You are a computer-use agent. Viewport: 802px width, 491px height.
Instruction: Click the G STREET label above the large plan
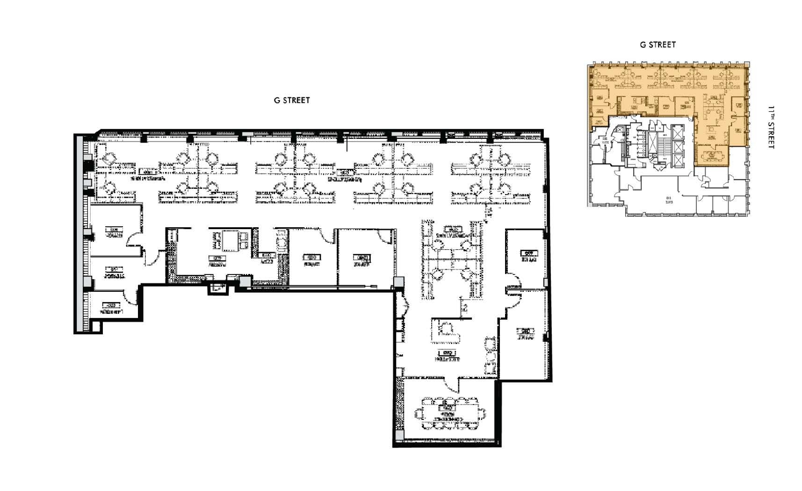click(x=292, y=100)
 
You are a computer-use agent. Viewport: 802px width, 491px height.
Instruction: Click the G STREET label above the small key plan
click(x=657, y=44)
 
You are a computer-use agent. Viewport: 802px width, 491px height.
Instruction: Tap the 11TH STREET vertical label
click(x=770, y=127)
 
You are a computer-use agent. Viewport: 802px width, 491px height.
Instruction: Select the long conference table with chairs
click(x=450, y=413)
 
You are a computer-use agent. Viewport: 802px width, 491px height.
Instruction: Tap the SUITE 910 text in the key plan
click(x=668, y=200)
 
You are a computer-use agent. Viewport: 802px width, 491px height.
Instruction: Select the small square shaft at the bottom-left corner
click(x=96, y=326)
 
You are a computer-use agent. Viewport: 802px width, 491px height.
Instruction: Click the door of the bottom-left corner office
click(x=130, y=296)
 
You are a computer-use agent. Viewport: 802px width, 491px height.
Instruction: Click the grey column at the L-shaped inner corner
click(x=398, y=282)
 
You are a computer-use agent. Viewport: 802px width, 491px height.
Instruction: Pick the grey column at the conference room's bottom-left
click(x=399, y=435)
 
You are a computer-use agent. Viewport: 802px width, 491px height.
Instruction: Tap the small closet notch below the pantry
click(x=217, y=289)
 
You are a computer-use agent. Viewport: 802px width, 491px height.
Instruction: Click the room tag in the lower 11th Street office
click(x=526, y=331)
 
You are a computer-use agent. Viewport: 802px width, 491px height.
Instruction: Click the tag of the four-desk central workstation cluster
click(x=453, y=230)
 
